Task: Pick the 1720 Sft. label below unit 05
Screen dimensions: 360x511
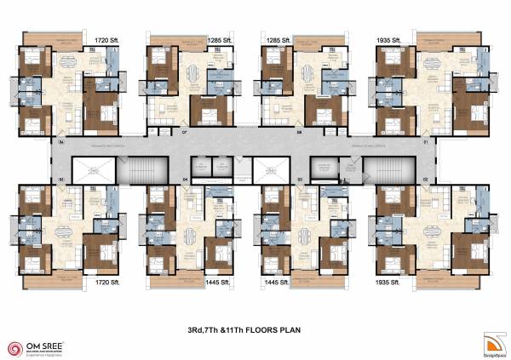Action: click(108, 280)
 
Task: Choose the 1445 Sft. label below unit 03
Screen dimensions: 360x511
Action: click(278, 280)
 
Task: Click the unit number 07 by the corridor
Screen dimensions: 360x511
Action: click(184, 133)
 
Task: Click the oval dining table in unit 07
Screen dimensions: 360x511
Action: click(191, 71)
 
